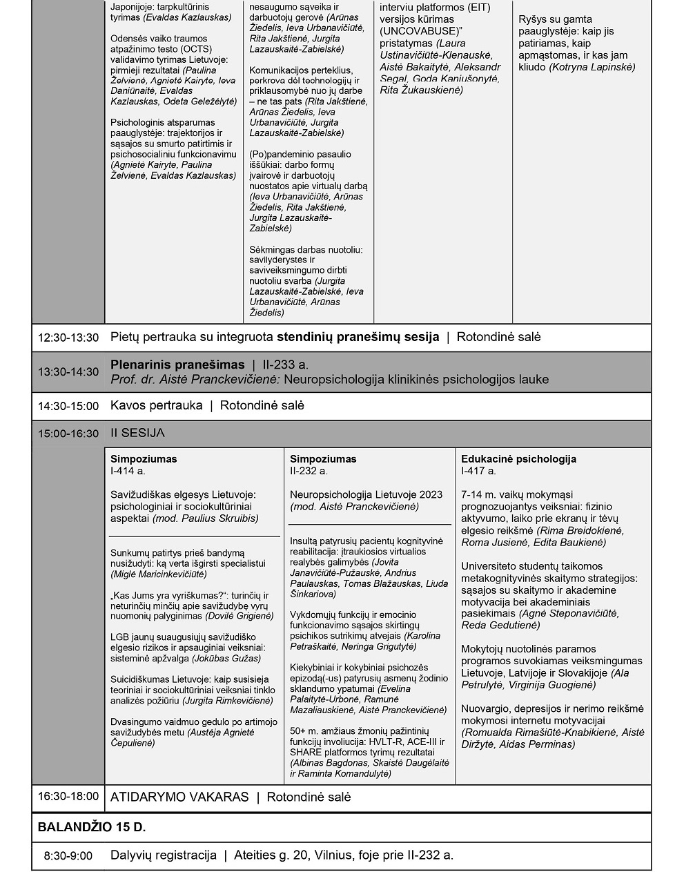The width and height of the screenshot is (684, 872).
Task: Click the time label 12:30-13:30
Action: (x=68, y=338)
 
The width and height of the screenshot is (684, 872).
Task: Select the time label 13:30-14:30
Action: (x=68, y=372)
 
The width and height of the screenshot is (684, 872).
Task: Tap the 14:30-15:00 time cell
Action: (x=68, y=406)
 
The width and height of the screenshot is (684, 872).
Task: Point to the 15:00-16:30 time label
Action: (x=68, y=434)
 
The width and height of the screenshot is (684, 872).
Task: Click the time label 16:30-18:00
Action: (x=68, y=796)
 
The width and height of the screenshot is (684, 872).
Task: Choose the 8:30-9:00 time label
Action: (x=68, y=856)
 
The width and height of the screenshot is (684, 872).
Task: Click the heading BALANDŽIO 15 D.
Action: (x=92, y=827)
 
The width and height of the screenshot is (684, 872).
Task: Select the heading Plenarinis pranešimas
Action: (x=177, y=365)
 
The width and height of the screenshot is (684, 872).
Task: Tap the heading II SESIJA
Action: (x=137, y=433)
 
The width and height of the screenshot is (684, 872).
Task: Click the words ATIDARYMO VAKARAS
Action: (x=179, y=797)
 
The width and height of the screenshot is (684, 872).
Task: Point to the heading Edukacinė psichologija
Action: (x=518, y=458)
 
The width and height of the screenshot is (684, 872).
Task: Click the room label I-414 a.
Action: (x=128, y=471)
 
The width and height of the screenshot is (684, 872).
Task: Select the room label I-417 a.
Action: (x=478, y=471)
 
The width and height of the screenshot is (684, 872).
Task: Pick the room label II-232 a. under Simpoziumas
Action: (x=309, y=471)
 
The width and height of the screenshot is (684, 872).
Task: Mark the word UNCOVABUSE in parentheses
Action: (x=418, y=32)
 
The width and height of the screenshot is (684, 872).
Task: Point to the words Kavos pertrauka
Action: (x=156, y=405)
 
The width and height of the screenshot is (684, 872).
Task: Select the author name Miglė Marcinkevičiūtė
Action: (x=159, y=574)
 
